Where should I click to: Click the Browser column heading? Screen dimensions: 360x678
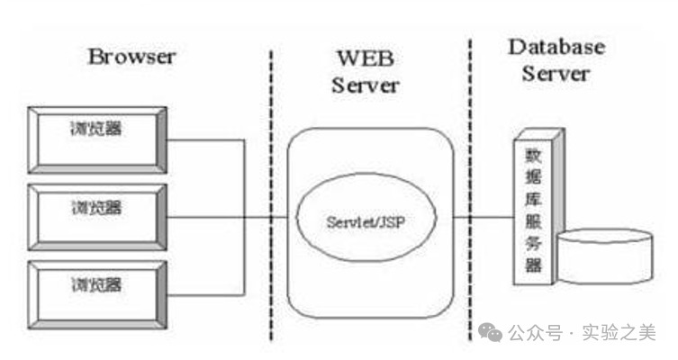[131, 57]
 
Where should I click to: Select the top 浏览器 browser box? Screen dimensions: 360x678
[97, 139]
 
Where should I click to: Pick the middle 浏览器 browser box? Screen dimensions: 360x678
[97, 216]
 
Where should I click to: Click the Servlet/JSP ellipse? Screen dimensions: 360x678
[366, 218]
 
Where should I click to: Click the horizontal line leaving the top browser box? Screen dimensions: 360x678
[205, 139]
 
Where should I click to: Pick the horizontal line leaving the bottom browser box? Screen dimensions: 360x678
[205, 293]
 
